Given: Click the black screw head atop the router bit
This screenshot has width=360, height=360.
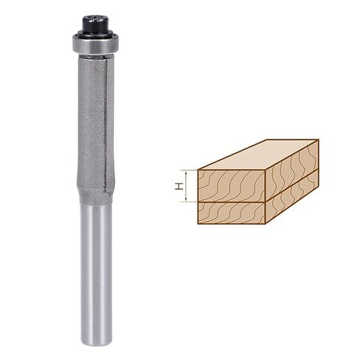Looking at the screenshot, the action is click(96, 23).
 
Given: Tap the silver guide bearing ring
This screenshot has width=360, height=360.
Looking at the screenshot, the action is click(96, 45).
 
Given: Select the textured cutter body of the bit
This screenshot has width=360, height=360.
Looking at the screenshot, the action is click(92, 123).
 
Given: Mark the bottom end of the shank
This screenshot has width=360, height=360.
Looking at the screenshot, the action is click(97, 344).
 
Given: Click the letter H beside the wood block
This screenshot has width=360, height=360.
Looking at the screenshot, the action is click(179, 186).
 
